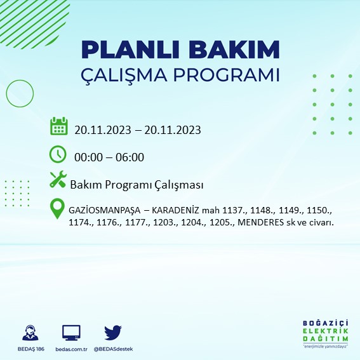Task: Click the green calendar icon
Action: pyautogui.click(x=59, y=126)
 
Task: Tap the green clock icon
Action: pyautogui.click(x=58, y=154)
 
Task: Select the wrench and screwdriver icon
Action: pyautogui.click(x=58, y=181)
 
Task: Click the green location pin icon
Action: pyautogui.click(x=58, y=209)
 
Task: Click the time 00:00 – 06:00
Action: pyautogui.click(x=109, y=157)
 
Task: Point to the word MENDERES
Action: pyautogui.click(x=260, y=223)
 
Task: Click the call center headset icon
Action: pyautogui.click(x=29, y=333)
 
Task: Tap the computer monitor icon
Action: pyautogui.click(x=71, y=333)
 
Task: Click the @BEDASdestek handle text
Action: pyautogui.click(x=113, y=349)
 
